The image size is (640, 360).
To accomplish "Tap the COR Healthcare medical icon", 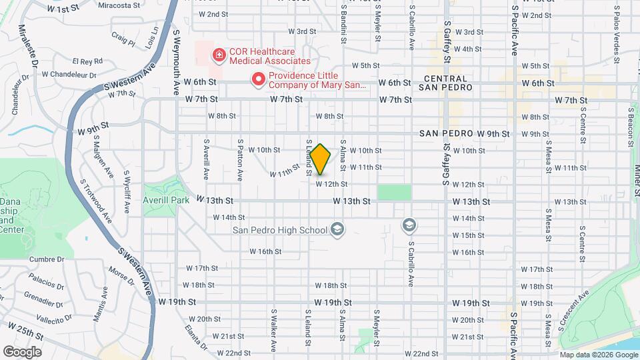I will click(217, 55).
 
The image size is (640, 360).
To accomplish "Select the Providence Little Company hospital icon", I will click(258, 80).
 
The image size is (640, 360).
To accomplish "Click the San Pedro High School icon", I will click(338, 230).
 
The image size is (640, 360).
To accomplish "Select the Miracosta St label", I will click(117, 5).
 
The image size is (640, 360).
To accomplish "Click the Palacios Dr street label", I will click(45, 283).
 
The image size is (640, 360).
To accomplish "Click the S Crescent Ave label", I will click(575, 309).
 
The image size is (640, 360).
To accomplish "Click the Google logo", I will click(22, 351).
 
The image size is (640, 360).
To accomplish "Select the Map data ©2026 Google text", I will click(598, 355).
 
